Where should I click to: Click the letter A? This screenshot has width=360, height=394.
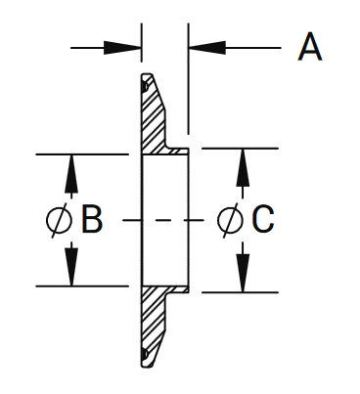(x=309, y=47)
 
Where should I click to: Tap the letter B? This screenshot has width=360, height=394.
(x=92, y=221)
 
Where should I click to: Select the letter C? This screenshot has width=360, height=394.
(x=261, y=221)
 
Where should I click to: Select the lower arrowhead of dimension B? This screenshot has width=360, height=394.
(x=71, y=271)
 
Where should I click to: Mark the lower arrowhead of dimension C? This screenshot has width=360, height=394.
(x=242, y=277)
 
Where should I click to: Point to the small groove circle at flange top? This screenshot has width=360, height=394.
(x=145, y=86)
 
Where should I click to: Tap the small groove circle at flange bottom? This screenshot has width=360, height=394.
(x=145, y=353)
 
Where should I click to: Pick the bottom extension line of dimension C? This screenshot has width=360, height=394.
(x=240, y=292)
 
